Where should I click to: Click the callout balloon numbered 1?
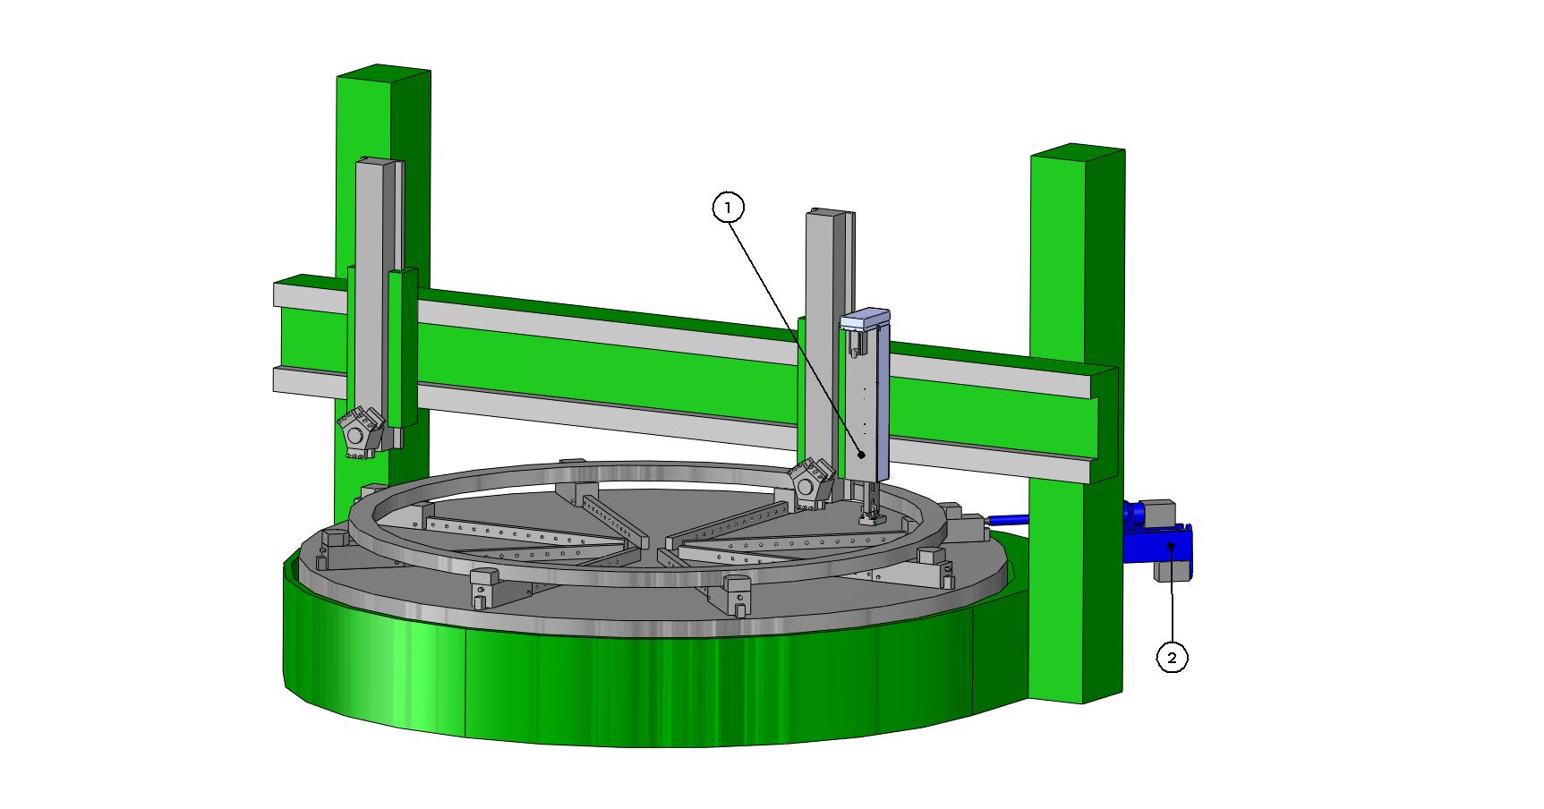(728, 208)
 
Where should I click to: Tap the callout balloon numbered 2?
(1173, 658)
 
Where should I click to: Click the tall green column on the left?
(385, 268)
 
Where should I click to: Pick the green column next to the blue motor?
(1077, 421)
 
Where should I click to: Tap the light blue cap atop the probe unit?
(865, 319)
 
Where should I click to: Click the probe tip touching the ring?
(869, 517)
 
